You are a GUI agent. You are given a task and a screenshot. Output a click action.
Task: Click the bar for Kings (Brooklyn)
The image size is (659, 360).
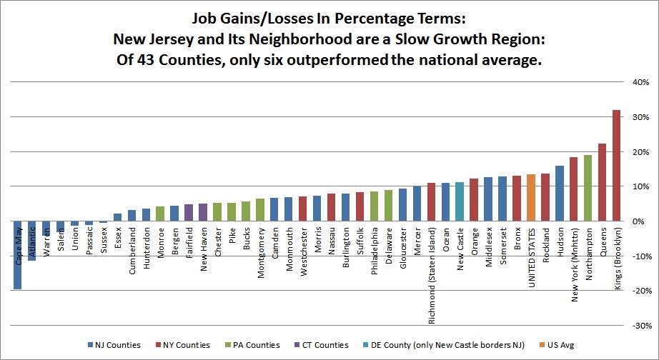(x=616, y=166)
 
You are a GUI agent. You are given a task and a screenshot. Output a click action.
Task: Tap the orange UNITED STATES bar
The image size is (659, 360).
(x=530, y=198)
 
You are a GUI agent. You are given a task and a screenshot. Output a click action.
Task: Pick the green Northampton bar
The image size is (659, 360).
(x=588, y=188)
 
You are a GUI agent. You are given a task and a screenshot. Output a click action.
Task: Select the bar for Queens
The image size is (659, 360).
(x=602, y=182)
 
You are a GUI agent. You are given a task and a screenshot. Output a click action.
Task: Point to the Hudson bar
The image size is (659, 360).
(x=559, y=194)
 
